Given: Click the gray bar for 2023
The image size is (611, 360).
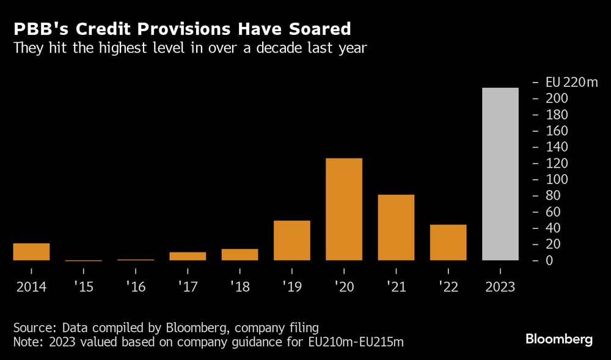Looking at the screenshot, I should (500, 174).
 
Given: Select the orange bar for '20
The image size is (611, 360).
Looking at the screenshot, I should (344, 209).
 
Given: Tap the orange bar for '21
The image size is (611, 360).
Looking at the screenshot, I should (396, 227).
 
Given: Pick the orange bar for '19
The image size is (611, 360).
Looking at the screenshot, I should (292, 240).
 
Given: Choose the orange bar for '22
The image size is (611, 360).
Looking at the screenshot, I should (448, 242).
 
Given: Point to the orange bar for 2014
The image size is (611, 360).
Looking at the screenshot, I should (31, 252).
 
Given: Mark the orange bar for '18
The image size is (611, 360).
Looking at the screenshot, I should (240, 254).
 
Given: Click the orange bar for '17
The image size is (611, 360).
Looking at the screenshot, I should (188, 256).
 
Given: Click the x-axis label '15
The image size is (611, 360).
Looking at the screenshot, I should (84, 287).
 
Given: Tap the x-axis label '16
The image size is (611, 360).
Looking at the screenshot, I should (136, 287).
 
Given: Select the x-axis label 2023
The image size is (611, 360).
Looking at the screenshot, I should (500, 287).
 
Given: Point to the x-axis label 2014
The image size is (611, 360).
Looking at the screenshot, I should (31, 287).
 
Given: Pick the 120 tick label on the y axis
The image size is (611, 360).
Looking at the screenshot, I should (552, 163).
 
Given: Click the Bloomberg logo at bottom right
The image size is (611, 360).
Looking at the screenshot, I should (559, 340).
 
